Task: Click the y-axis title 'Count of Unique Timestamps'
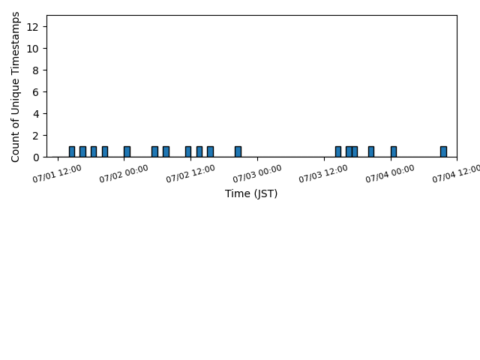15,87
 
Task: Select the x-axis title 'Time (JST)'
251,193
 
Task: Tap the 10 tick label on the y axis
32,49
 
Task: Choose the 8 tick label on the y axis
36,70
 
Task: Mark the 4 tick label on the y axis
36,114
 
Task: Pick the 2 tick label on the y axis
36,136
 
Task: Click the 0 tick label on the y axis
36,157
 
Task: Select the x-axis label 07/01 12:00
57,173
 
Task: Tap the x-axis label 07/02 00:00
124,173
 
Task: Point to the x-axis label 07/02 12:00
190,173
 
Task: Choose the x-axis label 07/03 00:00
257,173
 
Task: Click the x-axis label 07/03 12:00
323,173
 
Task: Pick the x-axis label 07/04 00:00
390,173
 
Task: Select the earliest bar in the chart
72,151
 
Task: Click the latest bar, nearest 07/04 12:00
443,151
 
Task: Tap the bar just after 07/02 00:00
127,151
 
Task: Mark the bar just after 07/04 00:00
394,151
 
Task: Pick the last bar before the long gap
238,151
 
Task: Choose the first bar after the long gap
338,151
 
